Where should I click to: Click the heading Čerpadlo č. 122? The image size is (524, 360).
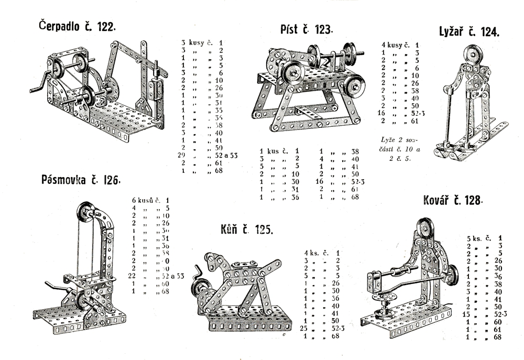77,27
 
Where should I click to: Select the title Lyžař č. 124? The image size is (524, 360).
469,32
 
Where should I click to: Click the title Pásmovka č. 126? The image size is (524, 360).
81,181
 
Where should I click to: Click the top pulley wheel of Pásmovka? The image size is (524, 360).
85,212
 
